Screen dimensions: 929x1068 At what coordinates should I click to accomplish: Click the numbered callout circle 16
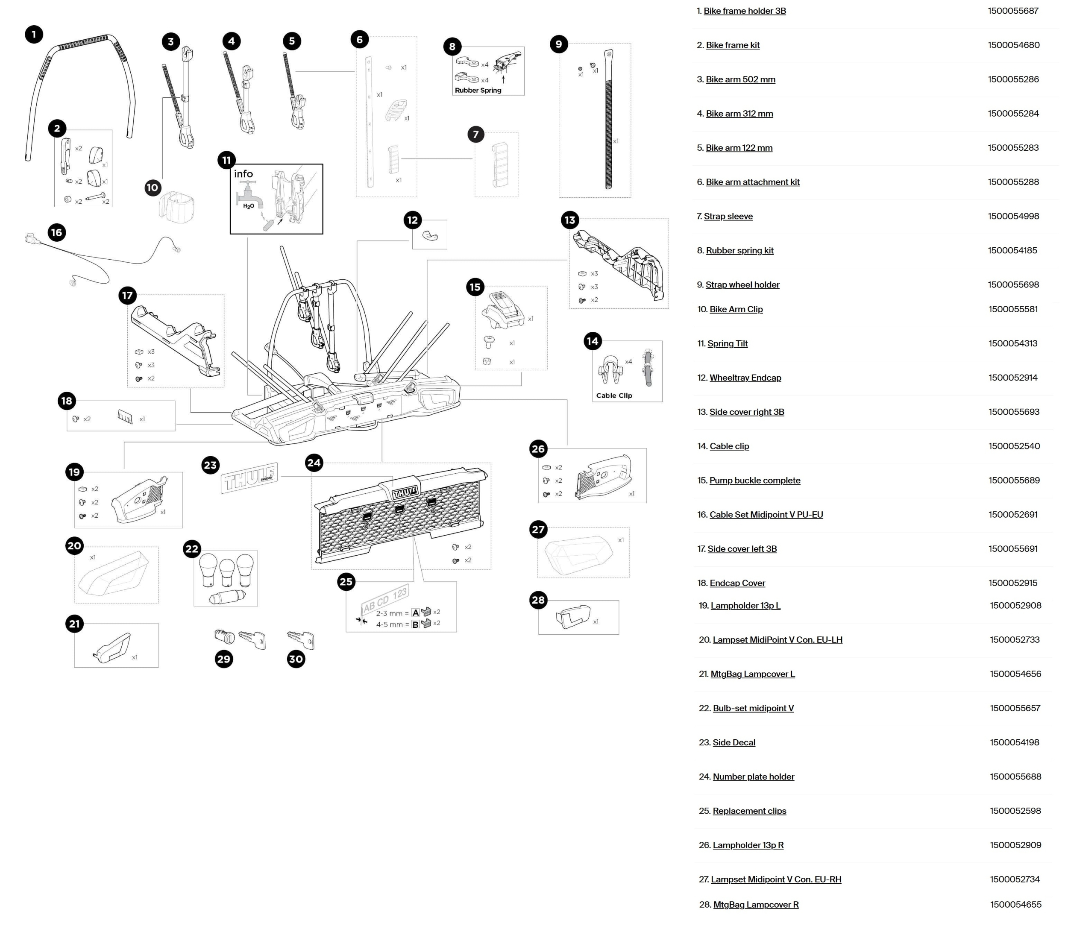[x=56, y=232]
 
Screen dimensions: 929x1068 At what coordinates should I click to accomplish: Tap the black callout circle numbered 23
[x=210, y=465]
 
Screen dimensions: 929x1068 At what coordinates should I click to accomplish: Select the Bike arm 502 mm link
[x=740, y=79]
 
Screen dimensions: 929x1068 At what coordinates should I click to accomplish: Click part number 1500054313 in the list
[x=1012, y=343]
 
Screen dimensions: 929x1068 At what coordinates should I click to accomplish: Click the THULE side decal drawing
[x=249, y=478]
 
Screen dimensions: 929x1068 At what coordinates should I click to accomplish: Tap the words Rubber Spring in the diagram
[x=478, y=90]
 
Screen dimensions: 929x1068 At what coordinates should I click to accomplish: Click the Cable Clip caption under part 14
[x=614, y=396]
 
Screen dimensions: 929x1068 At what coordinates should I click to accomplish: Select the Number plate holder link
[x=753, y=777]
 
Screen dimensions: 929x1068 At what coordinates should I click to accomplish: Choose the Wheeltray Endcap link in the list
[x=745, y=378]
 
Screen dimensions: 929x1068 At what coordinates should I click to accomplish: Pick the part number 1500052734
[x=1015, y=879]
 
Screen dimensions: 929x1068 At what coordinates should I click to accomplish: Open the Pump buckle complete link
[x=754, y=480]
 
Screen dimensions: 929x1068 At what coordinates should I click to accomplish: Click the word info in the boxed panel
[x=243, y=174]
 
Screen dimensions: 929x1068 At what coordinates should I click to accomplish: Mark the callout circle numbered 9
[x=558, y=44]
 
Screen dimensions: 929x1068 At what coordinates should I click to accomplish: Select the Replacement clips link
[x=749, y=811]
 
